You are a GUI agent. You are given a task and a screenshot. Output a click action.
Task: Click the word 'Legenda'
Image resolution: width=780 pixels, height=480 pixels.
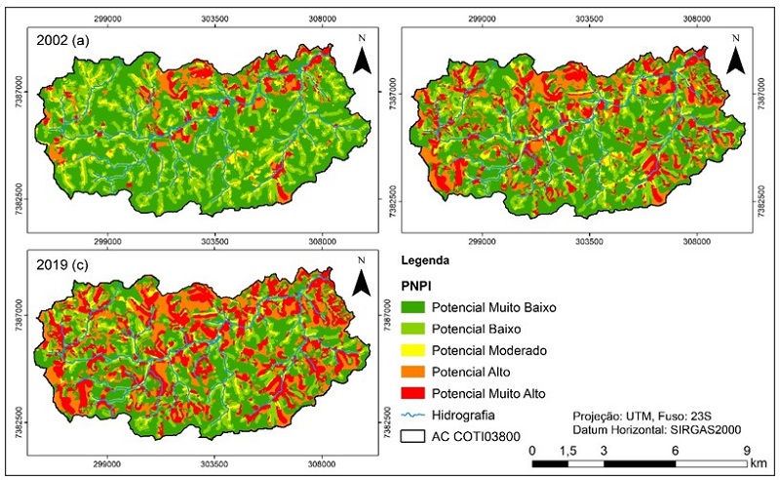coord(426,261)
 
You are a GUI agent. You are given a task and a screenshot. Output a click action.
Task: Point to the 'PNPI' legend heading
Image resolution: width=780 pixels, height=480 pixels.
coord(417,287)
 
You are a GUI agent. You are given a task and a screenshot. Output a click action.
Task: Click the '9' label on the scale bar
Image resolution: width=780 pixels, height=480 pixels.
coord(746,451)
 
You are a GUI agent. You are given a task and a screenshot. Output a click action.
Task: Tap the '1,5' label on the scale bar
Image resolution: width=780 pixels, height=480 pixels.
coord(568,451)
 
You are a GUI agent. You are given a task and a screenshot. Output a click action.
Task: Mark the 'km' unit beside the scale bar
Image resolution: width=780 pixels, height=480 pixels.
coord(761,462)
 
